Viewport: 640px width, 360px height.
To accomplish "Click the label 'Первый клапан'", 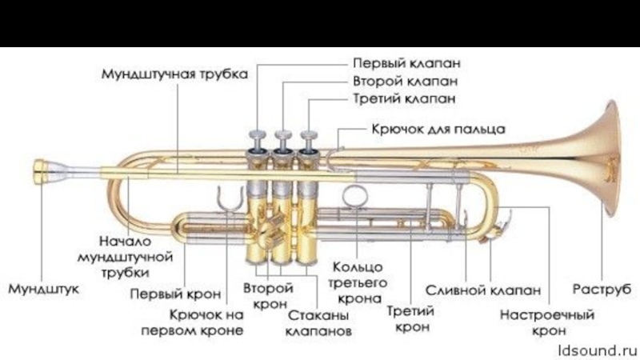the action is (x=406, y=62).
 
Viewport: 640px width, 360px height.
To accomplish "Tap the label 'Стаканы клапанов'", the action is (x=318, y=319).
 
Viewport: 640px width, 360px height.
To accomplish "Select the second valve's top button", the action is (x=283, y=134).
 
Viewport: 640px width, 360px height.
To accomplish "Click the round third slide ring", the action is (x=353, y=195).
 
